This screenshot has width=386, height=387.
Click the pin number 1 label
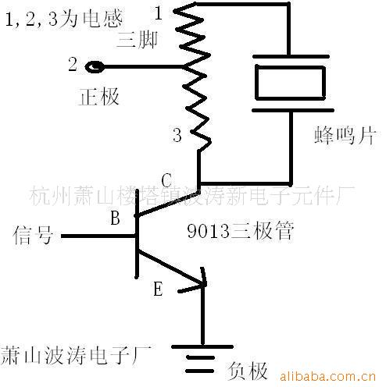[159, 12]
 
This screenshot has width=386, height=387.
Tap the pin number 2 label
[73, 66]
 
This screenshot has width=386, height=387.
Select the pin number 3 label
[177, 136]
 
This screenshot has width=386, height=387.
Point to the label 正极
[99, 97]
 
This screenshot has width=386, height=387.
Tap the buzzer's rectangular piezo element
[290, 82]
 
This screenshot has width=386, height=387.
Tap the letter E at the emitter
[159, 289]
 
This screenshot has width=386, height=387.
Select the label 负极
[248, 367]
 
